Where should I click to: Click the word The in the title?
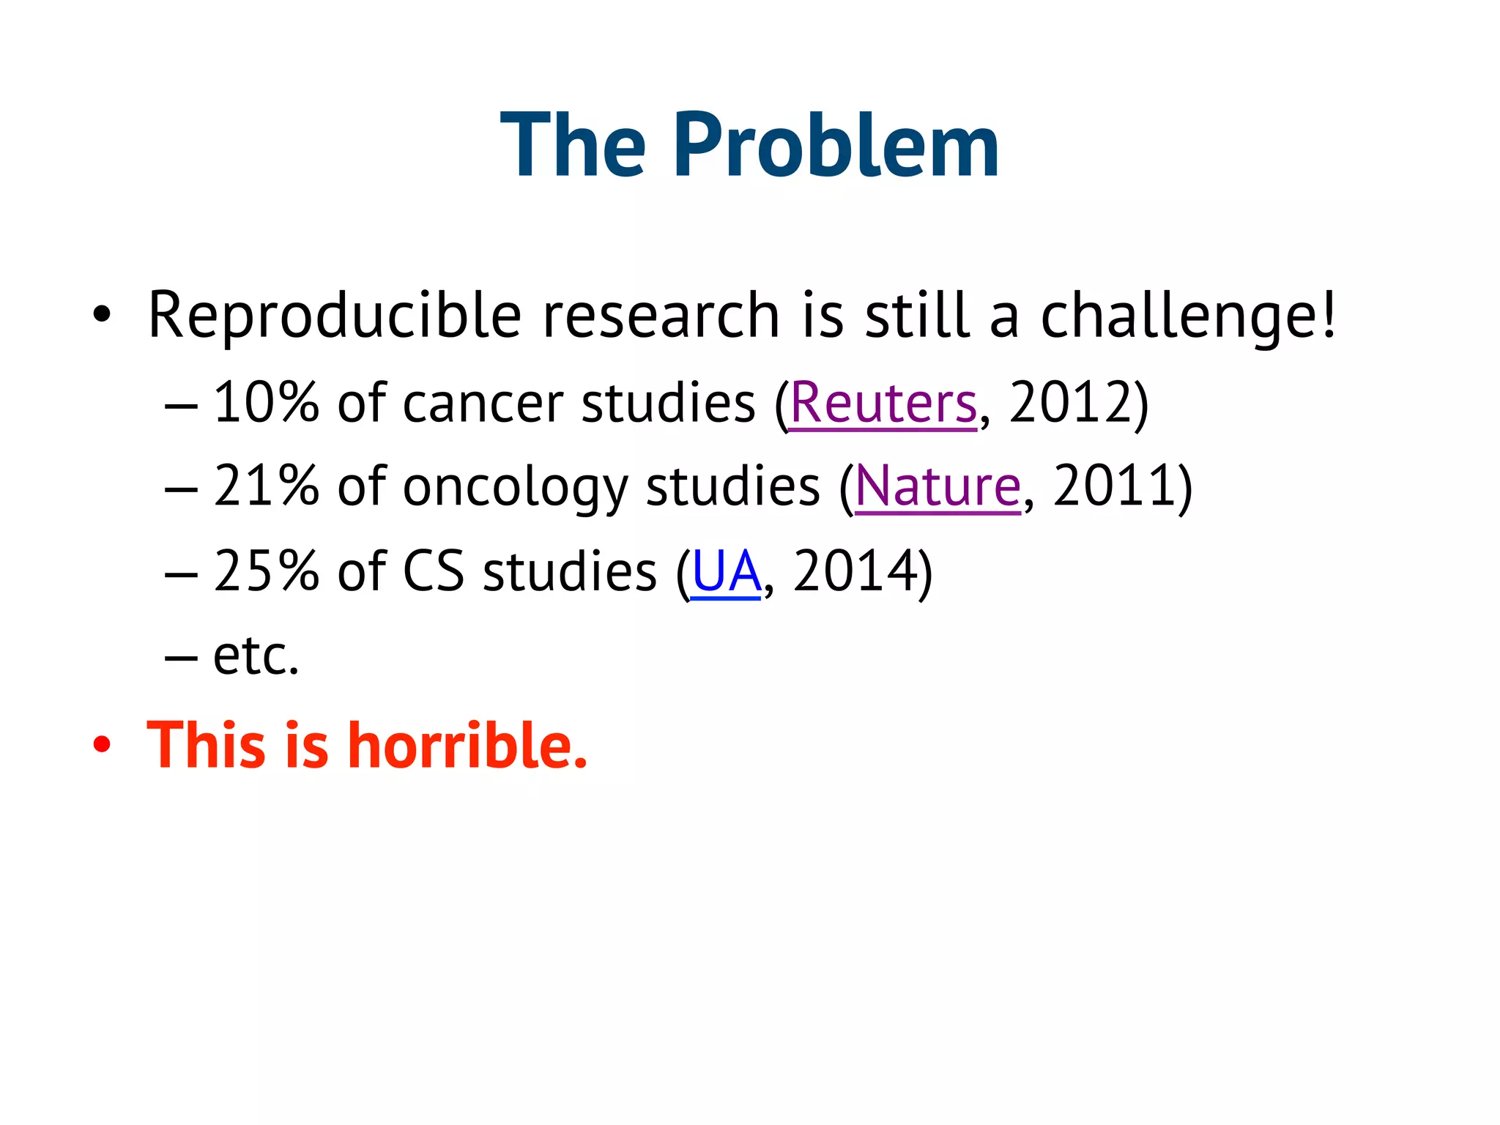tap(573, 145)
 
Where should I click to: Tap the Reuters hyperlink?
tap(883, 404)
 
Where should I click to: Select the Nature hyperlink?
tap(937, 487)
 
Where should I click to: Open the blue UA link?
tap(726, 572)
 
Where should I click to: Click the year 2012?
tap(1071, 404)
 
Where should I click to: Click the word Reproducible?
tap(334, 316)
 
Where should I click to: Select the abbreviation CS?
tap(434, 572)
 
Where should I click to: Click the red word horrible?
tap(469, 746)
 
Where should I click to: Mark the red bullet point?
tap(102, 746)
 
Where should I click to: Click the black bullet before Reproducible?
tap(102, 316)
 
